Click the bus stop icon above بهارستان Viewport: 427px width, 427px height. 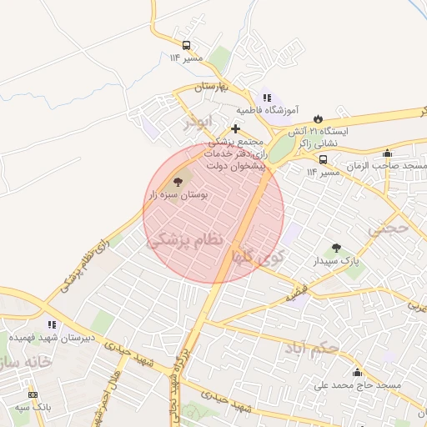186,45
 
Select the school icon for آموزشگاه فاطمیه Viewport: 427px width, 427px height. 267,98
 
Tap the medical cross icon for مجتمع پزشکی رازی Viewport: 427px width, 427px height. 236,128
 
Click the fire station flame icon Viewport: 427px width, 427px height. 317,118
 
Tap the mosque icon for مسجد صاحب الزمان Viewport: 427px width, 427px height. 387,153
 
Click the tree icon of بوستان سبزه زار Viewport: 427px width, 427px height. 177,180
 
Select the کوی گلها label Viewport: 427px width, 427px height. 260,254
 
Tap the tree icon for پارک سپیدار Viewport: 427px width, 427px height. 336,248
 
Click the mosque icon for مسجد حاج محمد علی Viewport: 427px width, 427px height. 358,373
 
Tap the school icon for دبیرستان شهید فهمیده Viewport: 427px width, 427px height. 52,324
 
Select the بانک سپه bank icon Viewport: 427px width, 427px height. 33,394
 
